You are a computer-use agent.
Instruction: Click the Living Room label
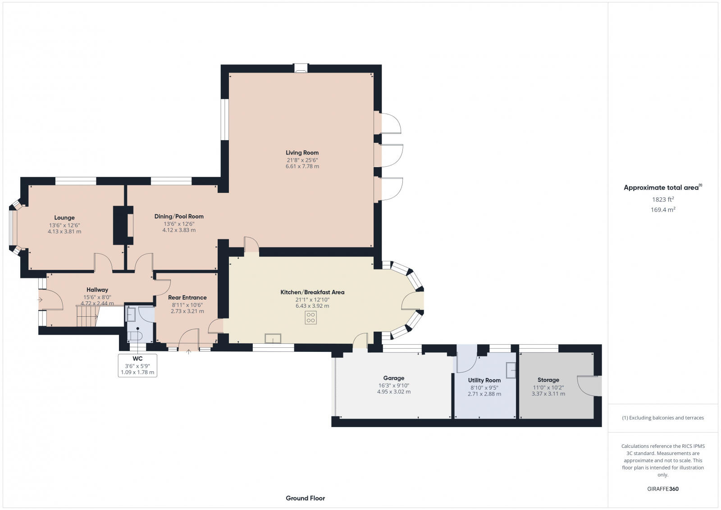tap(302, 153)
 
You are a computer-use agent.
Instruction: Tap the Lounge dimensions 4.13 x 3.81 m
tap(64, 232)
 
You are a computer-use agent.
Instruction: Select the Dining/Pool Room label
tap(179, 217)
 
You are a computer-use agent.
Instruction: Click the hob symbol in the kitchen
tap(310, 318)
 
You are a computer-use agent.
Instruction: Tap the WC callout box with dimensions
tap(137, 365)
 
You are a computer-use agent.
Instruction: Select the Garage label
tap(393, 378)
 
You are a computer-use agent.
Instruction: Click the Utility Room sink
tap(511, 370)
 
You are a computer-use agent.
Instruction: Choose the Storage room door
tap(589, 386)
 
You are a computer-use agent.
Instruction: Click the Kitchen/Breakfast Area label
tap(312, 292)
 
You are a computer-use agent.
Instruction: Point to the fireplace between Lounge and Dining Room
tap(123, 225)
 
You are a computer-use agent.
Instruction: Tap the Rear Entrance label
tap(187, 298)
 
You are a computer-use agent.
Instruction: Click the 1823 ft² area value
tap(662, 200)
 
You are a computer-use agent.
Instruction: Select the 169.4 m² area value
tap(662, 210)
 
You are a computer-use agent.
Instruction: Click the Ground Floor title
tap(305, 498)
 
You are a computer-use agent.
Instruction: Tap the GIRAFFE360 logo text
tap(662, 489)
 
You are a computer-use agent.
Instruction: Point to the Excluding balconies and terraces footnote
tap(662, 418)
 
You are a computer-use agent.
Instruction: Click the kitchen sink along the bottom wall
tap(273, 338)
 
